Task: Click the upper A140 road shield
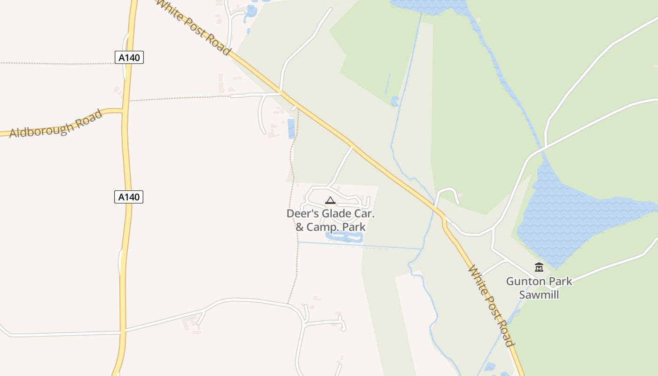point(129,57)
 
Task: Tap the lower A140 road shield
point(128,196)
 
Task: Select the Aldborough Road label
point(55,124)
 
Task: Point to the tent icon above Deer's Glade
point(330,201)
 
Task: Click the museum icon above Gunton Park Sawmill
point(539,267)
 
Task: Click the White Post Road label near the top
point(193,27)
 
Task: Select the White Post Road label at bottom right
point(492,306)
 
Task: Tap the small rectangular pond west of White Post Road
point(291,128)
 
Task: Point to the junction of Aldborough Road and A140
point(123,111)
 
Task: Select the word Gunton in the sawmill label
point(522,282)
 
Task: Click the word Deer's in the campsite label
point(302,214)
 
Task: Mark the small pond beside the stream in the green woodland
point(395,101)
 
